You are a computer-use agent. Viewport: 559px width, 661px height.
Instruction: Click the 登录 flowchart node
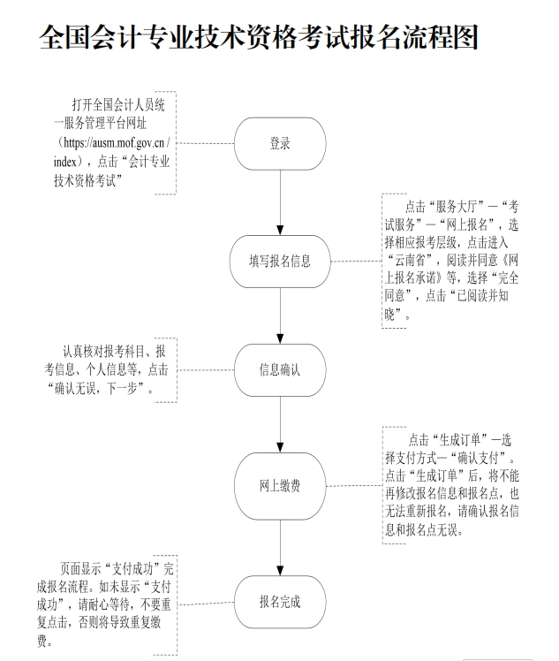280,143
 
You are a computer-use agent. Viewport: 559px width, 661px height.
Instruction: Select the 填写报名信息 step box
280,262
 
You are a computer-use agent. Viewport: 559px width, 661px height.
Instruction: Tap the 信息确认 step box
280,369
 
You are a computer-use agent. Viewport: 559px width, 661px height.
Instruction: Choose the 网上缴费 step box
280,487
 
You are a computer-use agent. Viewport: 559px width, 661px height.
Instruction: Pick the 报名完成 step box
280,602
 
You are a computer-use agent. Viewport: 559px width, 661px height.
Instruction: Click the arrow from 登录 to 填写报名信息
280,201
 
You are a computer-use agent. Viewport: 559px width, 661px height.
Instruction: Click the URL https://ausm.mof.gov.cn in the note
112,142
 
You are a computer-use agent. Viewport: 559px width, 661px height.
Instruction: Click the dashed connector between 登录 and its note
205,143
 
